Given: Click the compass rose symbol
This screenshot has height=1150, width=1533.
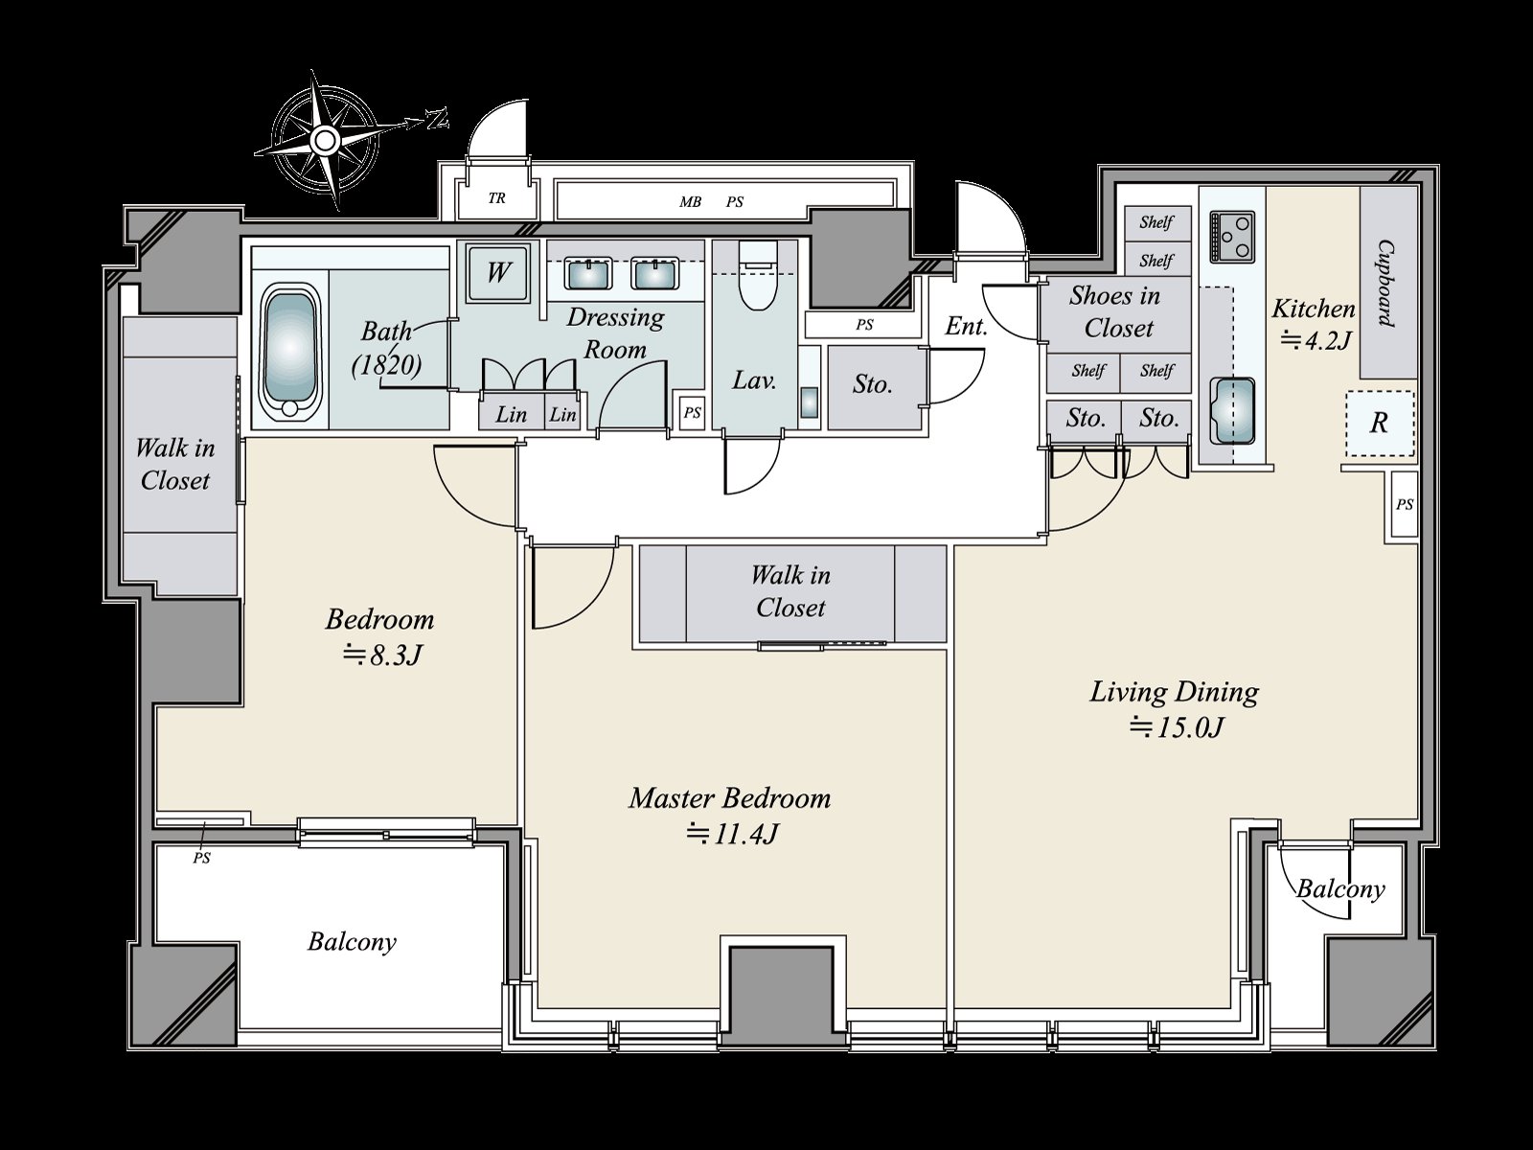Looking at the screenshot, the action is point(323,140).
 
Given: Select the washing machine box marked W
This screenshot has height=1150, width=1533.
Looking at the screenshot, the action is point(497,273).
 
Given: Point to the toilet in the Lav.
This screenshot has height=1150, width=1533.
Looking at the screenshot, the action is point(758,276).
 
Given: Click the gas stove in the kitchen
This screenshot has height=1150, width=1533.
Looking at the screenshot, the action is point(1232,237).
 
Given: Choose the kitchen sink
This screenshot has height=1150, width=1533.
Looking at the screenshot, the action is point(1231,411).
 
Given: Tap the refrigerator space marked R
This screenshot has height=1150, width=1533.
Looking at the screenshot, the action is point(1380,424).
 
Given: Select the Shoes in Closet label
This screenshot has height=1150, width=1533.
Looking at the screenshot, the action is point(1116,311).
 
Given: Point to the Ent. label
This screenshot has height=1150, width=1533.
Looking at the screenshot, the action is point(967,326).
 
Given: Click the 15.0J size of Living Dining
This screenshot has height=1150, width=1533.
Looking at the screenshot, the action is point(1178,727).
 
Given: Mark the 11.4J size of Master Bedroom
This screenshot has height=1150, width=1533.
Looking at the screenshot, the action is point(732,834).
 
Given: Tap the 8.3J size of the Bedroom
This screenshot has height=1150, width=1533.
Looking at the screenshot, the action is point(382,655).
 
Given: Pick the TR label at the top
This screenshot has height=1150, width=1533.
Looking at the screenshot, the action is point(496,198).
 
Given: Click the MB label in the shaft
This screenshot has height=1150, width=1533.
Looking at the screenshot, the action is point(691,202).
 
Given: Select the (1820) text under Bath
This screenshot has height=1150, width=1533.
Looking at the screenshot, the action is point(386,364).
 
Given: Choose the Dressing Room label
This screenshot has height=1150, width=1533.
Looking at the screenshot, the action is point(615,333).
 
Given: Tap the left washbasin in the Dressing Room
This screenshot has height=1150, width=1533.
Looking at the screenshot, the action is point(588,273).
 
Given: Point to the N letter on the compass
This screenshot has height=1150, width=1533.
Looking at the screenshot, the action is point(437,120).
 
